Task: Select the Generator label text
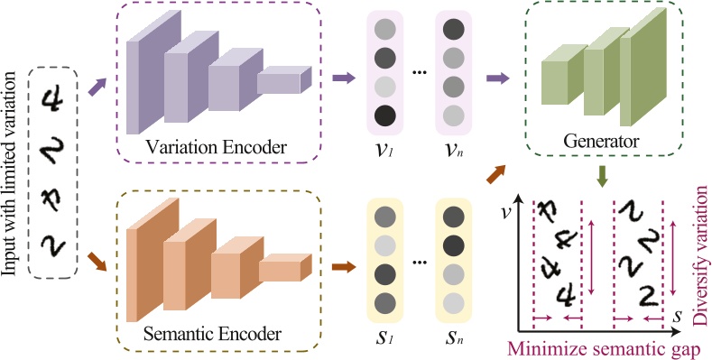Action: pyautogui.click(x=601, y=142)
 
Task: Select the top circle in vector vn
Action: pyautogui.click(x=454, y=31)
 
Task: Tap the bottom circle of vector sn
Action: pyautogui.click(x=454, y=302)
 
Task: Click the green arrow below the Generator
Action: pyautogui.click(x=600, y=173)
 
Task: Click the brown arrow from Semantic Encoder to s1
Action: pyautogui.click(x=342, y=266)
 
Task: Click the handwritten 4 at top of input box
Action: pyautogui.click(x=56, y=100)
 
